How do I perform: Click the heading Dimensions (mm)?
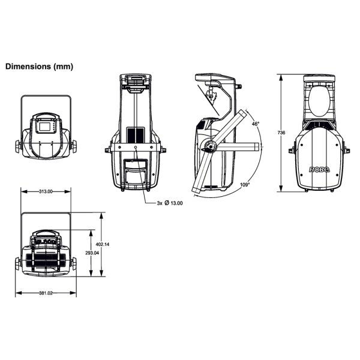pos(39,67)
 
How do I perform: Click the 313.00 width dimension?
pos(46,191)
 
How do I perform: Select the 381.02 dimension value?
pos(46,293)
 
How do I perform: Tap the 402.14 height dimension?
pos(103,244)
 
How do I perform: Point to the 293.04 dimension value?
pos(92,253)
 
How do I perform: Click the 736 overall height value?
pos(281,133)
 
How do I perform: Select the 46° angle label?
pos(256,124)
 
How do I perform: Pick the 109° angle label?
pos(245,185)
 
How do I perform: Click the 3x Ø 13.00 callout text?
pos(170,203)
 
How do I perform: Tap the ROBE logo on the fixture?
pos(320,170)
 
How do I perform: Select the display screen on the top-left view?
pos(45,127)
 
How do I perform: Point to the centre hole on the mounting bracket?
pos(136,147)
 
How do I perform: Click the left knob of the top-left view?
pos(18,146)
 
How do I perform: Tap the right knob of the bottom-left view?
pos(74,263)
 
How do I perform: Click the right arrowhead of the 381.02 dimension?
pos(73,293)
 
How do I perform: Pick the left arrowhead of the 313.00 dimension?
pos(24,191)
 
